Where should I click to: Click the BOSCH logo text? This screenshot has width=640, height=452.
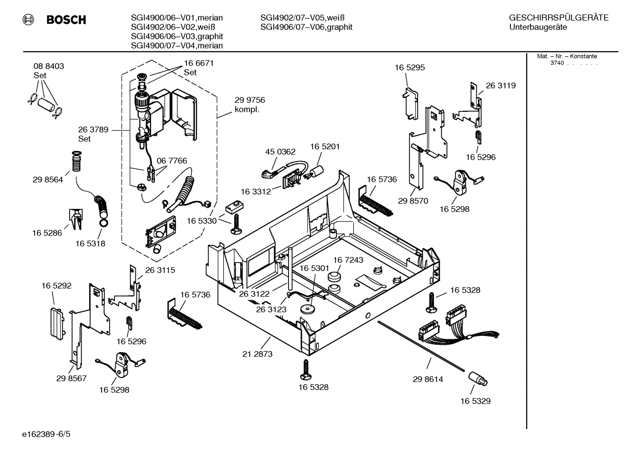point(66,20)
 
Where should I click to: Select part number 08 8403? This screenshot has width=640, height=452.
point(48,66)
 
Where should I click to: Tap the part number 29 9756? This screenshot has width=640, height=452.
point(249,100)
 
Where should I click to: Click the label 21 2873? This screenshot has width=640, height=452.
point(257,354)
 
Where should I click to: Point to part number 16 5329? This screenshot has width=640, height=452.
point(475,401)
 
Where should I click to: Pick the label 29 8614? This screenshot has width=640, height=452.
point(428,379)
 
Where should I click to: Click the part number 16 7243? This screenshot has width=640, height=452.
point(348,260)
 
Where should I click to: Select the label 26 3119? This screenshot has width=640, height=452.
point(501,86)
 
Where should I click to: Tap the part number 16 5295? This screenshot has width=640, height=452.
point(410,67)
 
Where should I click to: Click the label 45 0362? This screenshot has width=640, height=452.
point(280,152)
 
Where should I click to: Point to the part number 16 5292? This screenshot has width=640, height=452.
point(56,286)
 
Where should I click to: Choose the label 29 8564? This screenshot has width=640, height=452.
point(47,180)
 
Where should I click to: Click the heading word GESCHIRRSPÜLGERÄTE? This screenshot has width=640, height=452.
point(558,18)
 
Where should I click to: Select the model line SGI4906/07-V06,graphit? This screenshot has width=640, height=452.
point(306,27)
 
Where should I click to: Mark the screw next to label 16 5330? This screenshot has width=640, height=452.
point(236,224)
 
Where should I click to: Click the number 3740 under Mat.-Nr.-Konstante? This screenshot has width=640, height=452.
point(557,63)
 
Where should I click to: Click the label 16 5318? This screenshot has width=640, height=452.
point(90,244)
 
